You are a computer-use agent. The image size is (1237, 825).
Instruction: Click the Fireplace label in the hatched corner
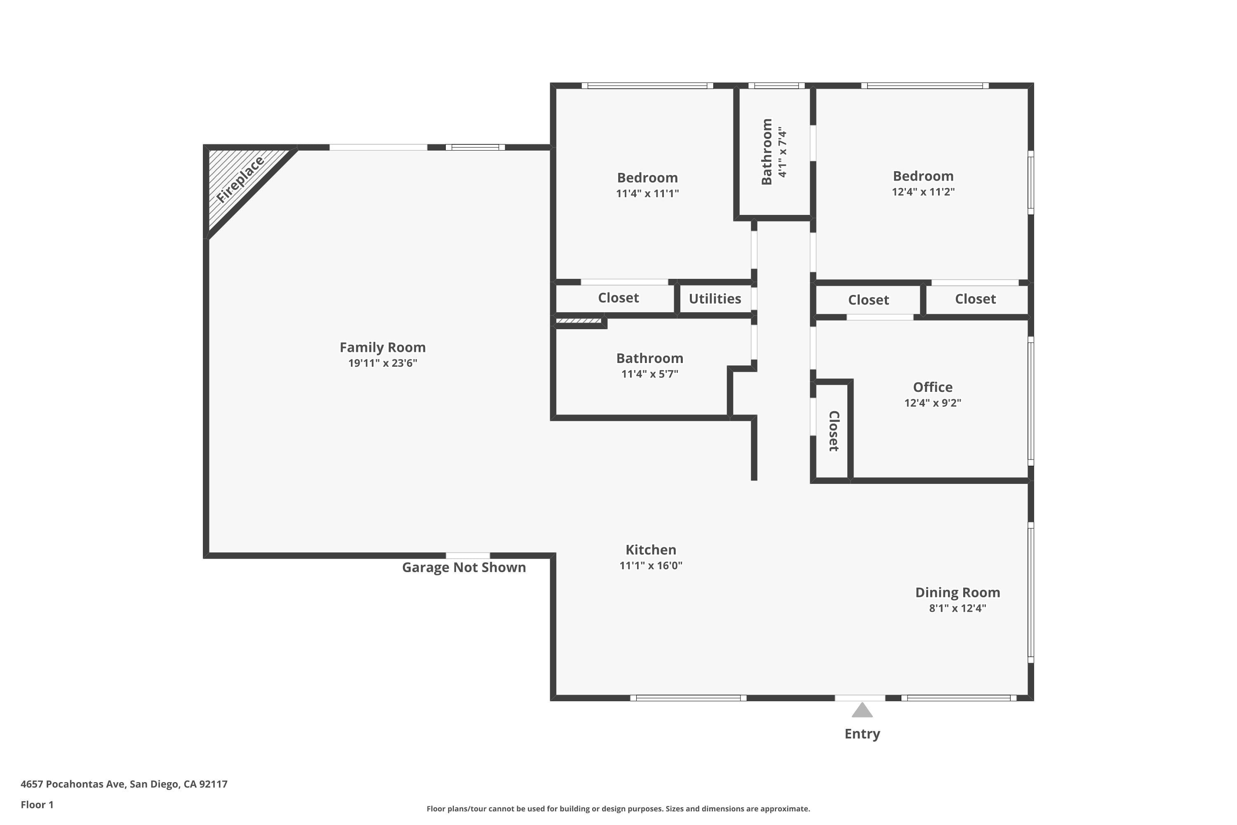tap(240, 179)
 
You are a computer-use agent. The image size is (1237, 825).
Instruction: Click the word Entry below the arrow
tap(862, 733)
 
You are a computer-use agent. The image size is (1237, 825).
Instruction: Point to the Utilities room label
tap(715, 299)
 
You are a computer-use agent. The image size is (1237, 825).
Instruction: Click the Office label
tap(932, 387)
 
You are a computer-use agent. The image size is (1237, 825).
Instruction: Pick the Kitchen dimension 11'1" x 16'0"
tap(651, 566)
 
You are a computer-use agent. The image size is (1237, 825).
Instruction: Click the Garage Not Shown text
tap(464, 567)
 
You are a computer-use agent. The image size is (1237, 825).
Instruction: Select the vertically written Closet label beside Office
tap(834, 431)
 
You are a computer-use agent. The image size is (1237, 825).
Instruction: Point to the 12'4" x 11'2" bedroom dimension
tap(923, 191)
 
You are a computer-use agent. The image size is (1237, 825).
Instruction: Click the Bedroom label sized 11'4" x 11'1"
tap(647, 178)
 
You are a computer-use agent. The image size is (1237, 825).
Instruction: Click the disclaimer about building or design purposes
tap(618, 808)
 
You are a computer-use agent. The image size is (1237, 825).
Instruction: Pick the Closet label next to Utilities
tap(618, 298)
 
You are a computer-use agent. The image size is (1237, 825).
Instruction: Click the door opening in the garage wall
tap(468, 556)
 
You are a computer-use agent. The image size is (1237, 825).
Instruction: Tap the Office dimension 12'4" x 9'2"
tap(932, 403)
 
